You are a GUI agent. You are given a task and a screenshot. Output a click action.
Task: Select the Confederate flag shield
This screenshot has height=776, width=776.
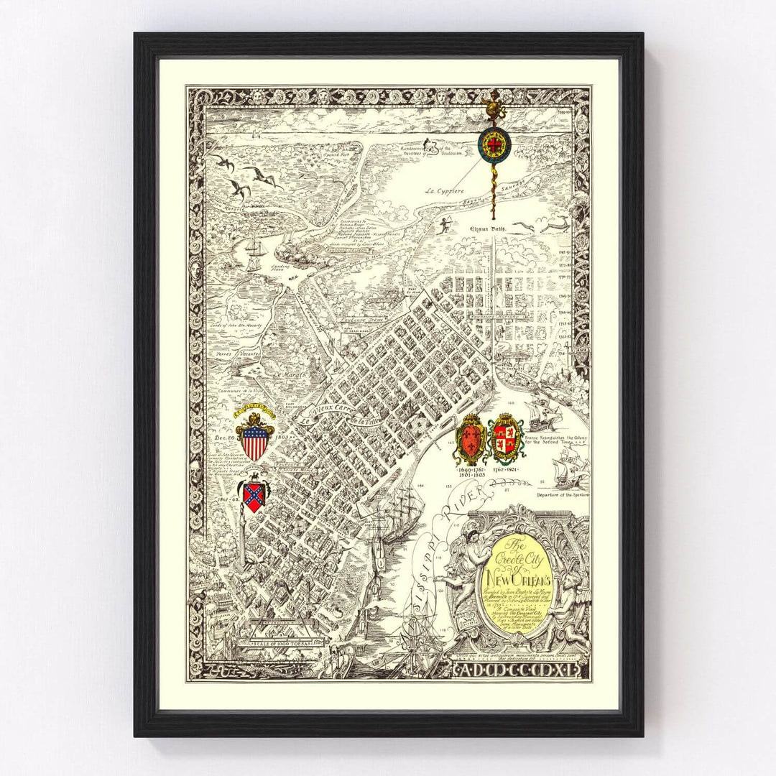253,496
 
